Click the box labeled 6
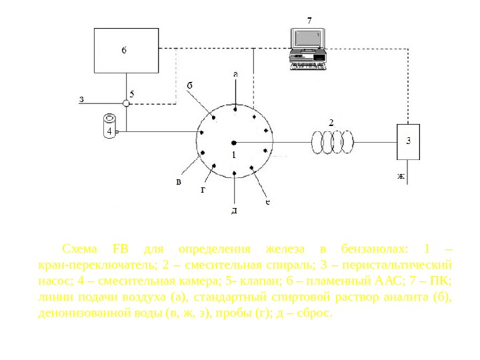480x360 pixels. [x=127, y=50]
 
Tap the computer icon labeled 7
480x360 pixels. [x=307, y=48]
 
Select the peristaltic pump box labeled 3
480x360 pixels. [x=408, y=141]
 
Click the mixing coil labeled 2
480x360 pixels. [x=332, y=141]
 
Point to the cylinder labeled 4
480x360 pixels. [x=109, y=126]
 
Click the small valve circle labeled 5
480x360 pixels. [x=126, y=103]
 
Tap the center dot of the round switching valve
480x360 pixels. [x=234, y=141]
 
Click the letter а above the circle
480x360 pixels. [x=235, y=74]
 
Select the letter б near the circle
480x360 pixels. [x=189, y=85]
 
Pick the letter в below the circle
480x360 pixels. [x=178, y=181]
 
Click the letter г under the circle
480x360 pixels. [x=203, y=189]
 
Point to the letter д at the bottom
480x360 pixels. [x=235, y=210]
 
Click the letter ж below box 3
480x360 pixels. [x=401, y=177]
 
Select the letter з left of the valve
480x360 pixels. [x=81, y=100]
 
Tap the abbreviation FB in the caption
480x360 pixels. [x=121, y=249]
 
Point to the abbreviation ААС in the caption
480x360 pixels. [x=403, y=281]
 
